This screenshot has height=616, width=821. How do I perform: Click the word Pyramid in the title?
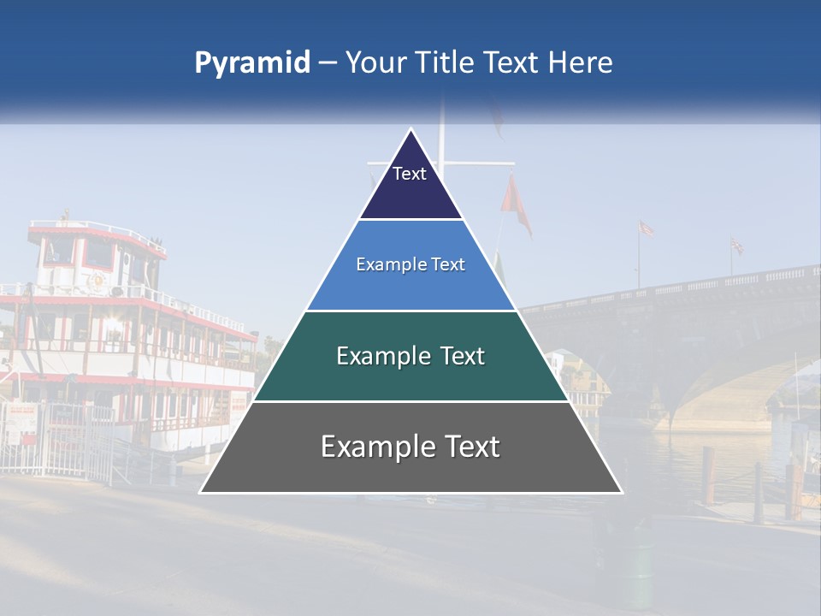coord(251,62)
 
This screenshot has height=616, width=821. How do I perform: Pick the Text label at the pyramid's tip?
coord(410,174)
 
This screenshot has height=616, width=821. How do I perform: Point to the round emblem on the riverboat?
coord(96,281)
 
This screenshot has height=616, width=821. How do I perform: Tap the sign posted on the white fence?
coord(23,419)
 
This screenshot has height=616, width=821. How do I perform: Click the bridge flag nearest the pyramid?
coord(647,228)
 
